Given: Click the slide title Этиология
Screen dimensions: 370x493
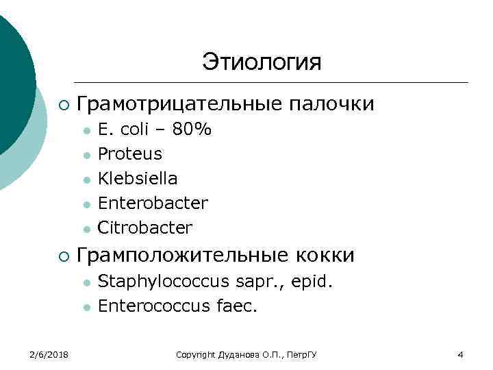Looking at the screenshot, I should (261, 62).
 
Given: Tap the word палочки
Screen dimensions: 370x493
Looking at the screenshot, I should (332, 104).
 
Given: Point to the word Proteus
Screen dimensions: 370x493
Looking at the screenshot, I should (130, 154).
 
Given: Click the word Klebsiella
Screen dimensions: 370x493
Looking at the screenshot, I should (138, 179).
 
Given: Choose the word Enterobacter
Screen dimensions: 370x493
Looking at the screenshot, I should (153, 203).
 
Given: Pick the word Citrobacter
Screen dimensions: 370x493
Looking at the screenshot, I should (145, 227).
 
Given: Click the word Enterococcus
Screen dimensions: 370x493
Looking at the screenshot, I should (151, 306).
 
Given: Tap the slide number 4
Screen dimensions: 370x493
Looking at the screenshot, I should (460, 354).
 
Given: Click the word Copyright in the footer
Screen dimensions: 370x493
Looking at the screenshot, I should (196, 354).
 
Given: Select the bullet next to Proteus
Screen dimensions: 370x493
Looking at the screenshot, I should (86, 155).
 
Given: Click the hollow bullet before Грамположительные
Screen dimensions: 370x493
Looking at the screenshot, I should (63, 256).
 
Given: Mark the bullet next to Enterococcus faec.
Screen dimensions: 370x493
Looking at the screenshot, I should (86, 306).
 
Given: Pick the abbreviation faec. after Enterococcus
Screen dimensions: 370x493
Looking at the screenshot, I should (236, 306).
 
